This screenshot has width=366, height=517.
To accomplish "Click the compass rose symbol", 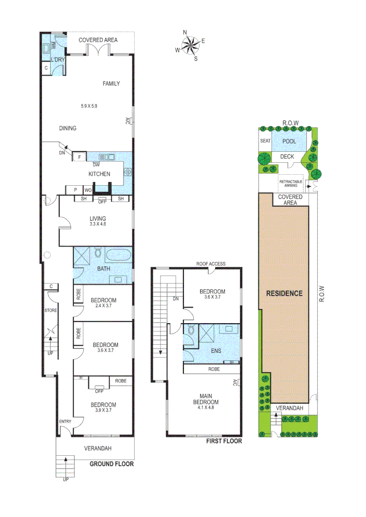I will coord(190,45).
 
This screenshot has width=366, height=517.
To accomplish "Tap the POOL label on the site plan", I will coord(289,142).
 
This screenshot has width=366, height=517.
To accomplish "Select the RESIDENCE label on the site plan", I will coord(284,293).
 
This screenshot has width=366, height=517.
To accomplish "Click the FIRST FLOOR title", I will coord(224,441).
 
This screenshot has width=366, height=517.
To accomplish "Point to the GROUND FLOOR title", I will coord(112,464).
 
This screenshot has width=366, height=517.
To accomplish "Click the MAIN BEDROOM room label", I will coord(209,399).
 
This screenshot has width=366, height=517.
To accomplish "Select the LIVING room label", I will coord(97,218).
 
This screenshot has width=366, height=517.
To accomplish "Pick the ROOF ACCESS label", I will coord(210,264).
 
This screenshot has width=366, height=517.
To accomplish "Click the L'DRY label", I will coord(57,59).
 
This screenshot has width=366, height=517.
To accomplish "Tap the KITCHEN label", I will coord(99,174).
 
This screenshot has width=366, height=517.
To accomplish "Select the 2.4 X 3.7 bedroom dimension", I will coord(103,306).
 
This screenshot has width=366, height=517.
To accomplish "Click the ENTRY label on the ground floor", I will coord(65,421).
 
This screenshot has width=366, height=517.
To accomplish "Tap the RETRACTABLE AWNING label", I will coord(290,183).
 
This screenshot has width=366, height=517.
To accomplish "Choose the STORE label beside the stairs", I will coord(51,311).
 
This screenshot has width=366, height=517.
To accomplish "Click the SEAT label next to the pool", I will coord(265,141).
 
